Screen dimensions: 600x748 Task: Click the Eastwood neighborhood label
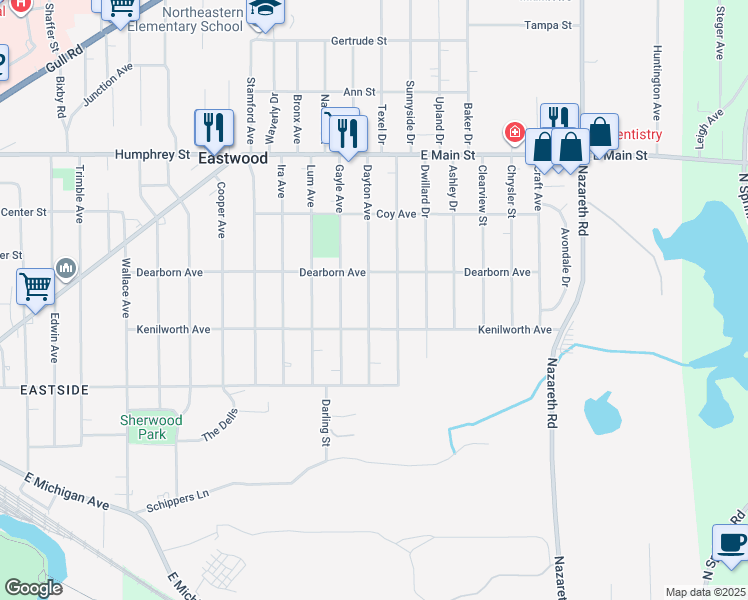pos(233,158)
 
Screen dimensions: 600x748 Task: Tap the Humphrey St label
pos(152,155)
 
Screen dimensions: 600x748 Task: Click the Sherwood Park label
pos(151,427)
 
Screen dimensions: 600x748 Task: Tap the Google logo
pos(34,588)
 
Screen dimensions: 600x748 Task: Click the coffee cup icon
pos(732,543)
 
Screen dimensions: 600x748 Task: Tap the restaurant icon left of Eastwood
pos(213,127)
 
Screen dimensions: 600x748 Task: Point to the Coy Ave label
pos(396,214)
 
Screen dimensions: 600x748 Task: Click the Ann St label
pos(358,91)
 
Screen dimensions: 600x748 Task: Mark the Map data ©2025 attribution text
pos(706,592)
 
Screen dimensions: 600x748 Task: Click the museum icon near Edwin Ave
pos(67,267)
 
